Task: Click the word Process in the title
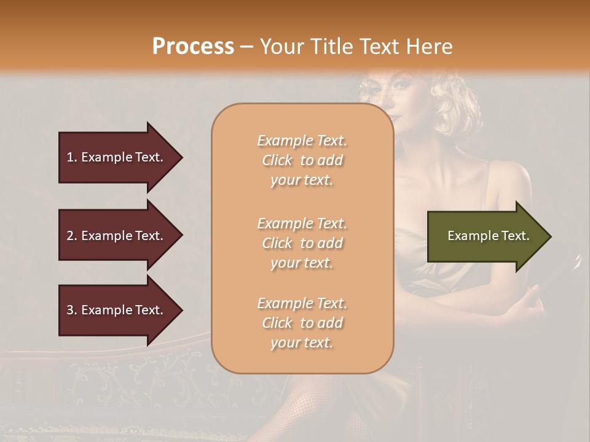point(193,47)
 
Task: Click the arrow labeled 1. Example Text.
point(117,157)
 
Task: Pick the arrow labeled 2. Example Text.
point(117,236)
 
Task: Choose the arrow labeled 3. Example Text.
point(117,310)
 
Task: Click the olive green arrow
point(486,236)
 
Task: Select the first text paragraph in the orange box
point(302,160)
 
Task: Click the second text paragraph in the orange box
point(302,243)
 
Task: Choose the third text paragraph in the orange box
point(302,323)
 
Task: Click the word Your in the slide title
point(282,47)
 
